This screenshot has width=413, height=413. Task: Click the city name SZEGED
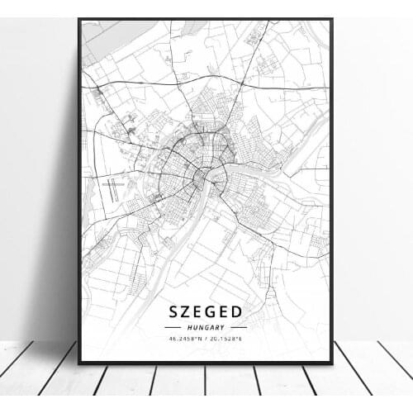click(x=206, y=311)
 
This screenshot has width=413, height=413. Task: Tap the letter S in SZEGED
click(x=174, y=311)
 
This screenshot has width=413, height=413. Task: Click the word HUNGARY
click(x=206, y=327)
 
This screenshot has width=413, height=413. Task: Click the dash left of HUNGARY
click(x=173, y=327)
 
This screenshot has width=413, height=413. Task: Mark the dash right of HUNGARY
click(x=239, y=327)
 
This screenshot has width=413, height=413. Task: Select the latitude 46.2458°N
click(x=187, y=338)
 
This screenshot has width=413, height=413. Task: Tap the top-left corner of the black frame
click(x=78, y=19)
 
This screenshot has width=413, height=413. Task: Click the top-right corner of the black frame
click(x=332, y=19)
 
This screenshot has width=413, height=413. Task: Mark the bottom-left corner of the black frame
click(x=78, y=363)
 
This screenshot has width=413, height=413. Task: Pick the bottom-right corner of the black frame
click(x=332, y=363)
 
